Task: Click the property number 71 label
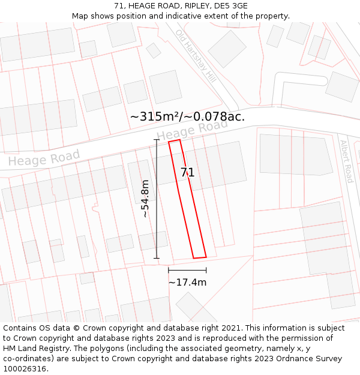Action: [x=188, y=173]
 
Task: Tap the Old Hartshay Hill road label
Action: [x=196, y=56]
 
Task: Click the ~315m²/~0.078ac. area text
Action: [x=187, y=116]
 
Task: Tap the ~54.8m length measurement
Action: [x=145, y=199]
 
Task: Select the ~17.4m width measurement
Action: [x=187, y=282]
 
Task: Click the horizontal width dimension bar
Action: [x=187, y=271]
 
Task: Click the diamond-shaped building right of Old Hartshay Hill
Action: [x=227, y=49]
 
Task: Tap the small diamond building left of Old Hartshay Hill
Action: [x=154, y=50]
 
